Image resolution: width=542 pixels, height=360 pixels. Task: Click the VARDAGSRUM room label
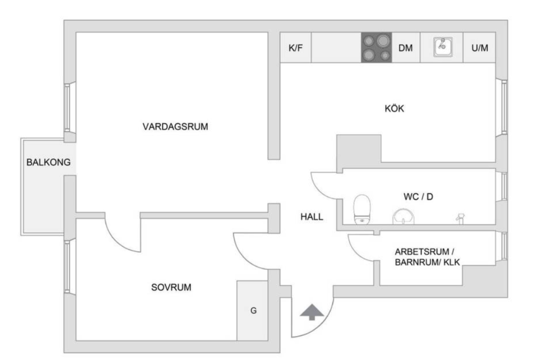tap(175, 127)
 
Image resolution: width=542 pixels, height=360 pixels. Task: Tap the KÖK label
tap(394, 108)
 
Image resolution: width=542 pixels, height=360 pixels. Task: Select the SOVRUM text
tap(171, 287)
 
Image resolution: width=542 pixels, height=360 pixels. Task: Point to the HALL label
tap(311, 217)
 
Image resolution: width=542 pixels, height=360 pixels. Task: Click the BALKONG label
tap(48, 162)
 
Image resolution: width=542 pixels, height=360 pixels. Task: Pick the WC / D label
tap(419, 197)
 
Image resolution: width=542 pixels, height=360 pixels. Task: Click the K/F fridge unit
tap(296, 48)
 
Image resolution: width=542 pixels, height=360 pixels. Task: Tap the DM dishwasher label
tap(405, 48)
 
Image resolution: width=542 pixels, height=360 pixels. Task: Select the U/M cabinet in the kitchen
tap(480, 48)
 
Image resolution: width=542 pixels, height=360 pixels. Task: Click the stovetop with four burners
tap(377, 47)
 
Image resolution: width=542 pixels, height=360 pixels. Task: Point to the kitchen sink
tap(443, 47)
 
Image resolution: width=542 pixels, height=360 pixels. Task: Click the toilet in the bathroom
tap(362, 209)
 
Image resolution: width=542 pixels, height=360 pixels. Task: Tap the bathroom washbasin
tap(403, 217)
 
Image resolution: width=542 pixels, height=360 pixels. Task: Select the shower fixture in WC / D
tap(460, 218)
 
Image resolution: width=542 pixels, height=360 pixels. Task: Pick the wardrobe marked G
tap(252, 311)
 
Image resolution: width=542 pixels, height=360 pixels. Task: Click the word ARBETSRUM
tap(422, 252)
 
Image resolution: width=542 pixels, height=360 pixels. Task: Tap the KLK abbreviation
tap(451, 262)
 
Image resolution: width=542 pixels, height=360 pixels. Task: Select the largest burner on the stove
tap(384, 40)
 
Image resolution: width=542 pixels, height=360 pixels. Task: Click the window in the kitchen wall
tap(502, 107)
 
